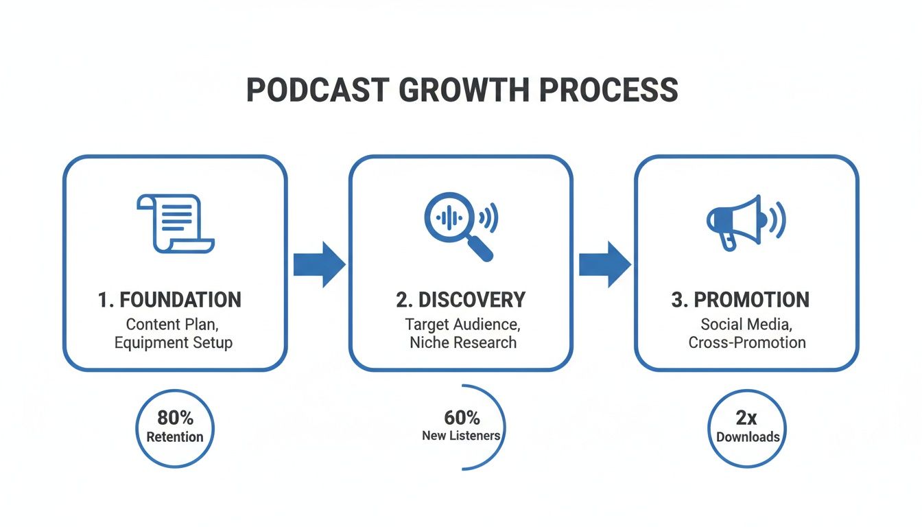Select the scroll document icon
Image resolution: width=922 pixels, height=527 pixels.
175,224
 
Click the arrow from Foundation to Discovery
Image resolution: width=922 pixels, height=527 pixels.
319,264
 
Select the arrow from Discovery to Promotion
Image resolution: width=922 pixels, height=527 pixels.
604,264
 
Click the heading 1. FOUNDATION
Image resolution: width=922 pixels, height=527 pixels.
169,300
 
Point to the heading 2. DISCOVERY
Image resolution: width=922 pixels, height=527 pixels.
460,300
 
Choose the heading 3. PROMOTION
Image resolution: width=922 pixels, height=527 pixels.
740,300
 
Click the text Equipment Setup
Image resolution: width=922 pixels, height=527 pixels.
174,342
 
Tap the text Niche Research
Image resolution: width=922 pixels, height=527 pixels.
462,342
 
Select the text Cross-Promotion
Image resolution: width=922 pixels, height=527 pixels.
747,342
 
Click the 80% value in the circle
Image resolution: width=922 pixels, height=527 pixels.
175,418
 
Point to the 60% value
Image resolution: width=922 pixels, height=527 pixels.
462,418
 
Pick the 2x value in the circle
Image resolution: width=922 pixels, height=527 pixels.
746,418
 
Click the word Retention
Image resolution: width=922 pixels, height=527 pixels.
175,437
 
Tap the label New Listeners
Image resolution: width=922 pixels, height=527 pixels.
461,436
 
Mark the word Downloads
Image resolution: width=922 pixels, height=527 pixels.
748,437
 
